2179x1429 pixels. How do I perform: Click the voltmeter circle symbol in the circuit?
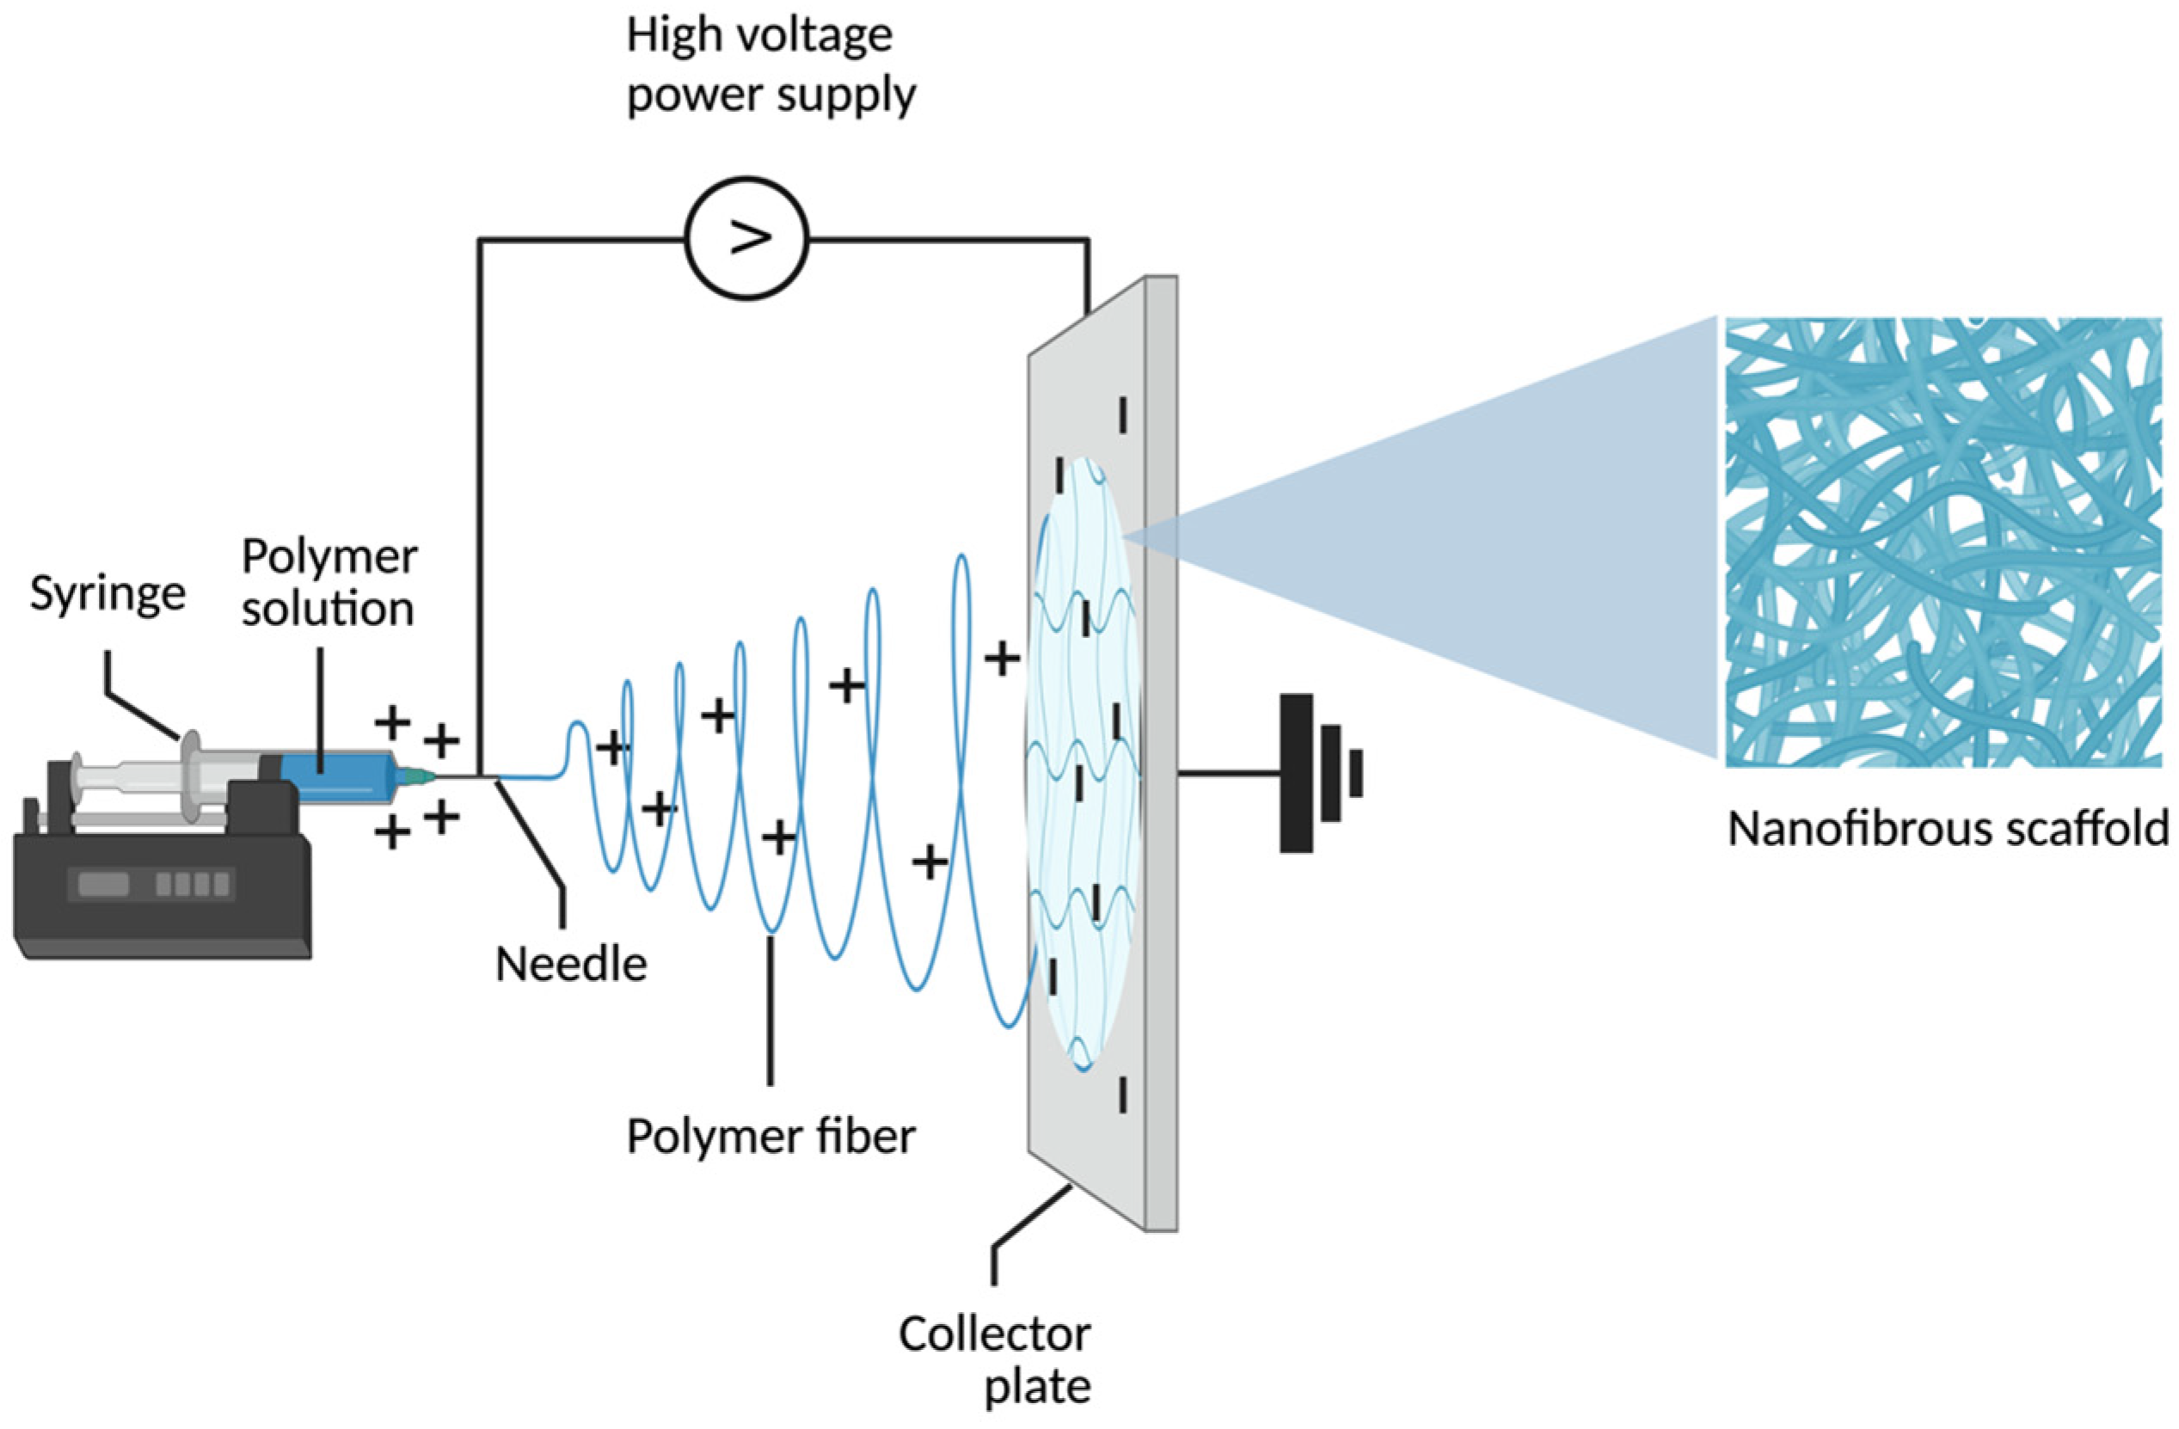[x=746, y=238]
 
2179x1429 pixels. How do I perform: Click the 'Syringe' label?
[x=108, y=593]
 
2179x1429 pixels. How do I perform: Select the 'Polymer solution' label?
[x=328, y=582]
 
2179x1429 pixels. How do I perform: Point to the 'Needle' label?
[x=570, y=964]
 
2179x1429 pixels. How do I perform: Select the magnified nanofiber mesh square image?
[x=1943, y=542]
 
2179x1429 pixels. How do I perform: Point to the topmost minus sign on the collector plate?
[x=1122, y=414]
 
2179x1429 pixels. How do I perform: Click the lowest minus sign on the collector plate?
[x=1122, y=1095]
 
